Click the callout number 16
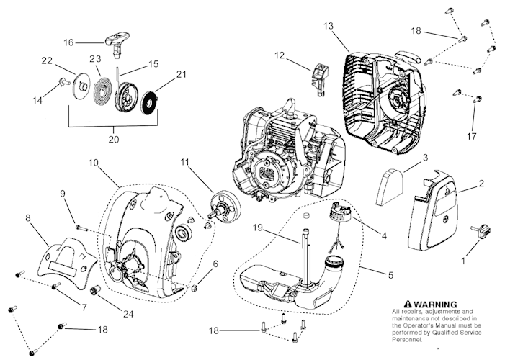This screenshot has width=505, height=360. coord(68,42)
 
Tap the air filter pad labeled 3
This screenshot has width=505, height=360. coord(393,181)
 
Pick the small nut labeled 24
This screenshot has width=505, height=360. coord(93,294)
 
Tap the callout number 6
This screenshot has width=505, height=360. coord(215,265)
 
